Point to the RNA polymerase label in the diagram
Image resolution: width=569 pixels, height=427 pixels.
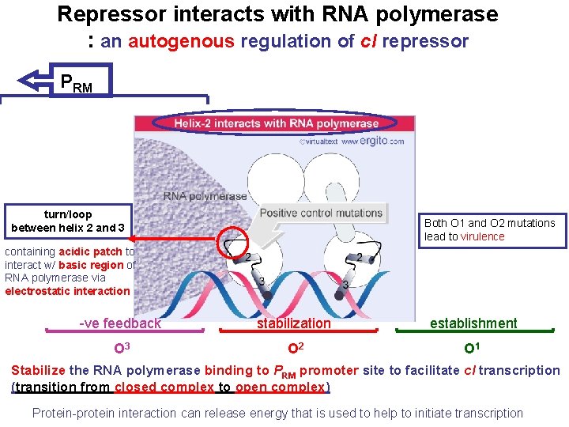[x=205, y=195]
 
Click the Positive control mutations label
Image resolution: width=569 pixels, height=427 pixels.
[x=321, y=213]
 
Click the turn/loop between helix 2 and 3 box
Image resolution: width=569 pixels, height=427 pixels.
[x=68, y=221]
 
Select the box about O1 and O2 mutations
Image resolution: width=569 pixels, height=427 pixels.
[x=490, y=229]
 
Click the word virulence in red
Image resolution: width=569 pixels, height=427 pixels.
[x=482, y=236]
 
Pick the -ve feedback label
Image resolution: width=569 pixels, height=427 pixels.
[x=120, y=323]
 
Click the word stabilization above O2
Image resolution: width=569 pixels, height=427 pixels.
[x=294, y=323]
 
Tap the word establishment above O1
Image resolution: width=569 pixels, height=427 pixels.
[x=473, y=323]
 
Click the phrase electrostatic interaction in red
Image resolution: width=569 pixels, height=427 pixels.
[x=67, y=291]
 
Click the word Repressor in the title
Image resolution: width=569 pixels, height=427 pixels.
[x=110, y=14]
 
